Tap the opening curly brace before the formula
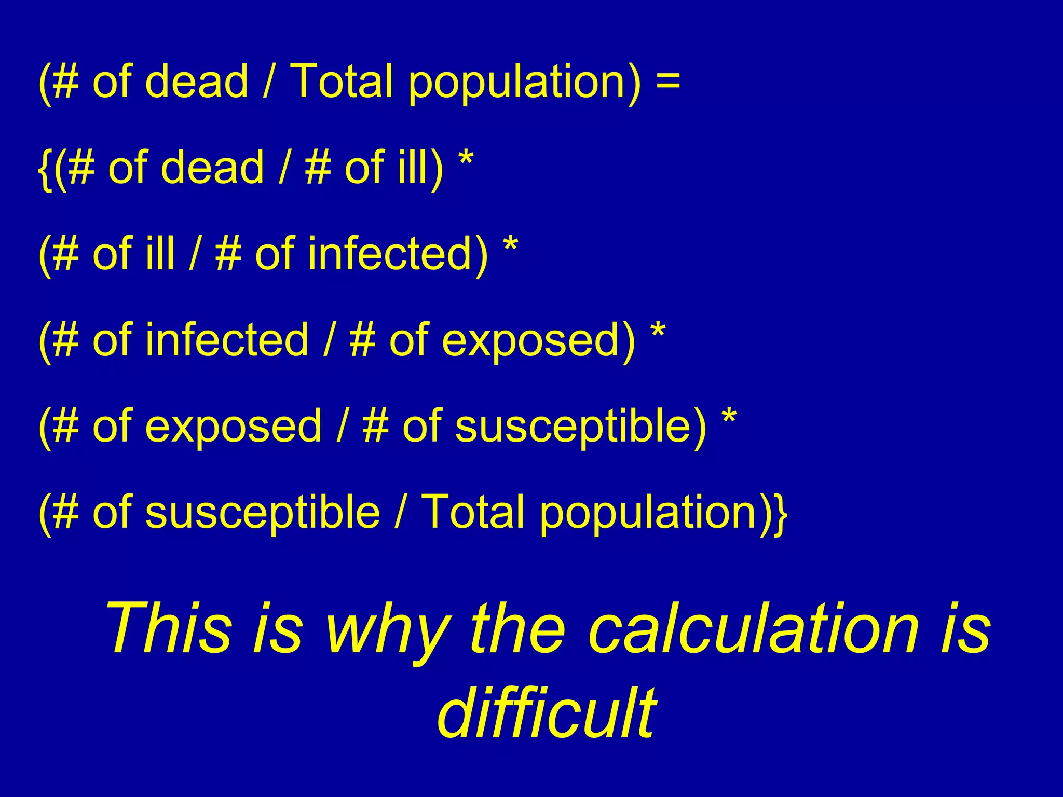(x=45, y=168)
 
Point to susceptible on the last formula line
(x=263, y=514)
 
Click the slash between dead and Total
(x=268, y=81)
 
